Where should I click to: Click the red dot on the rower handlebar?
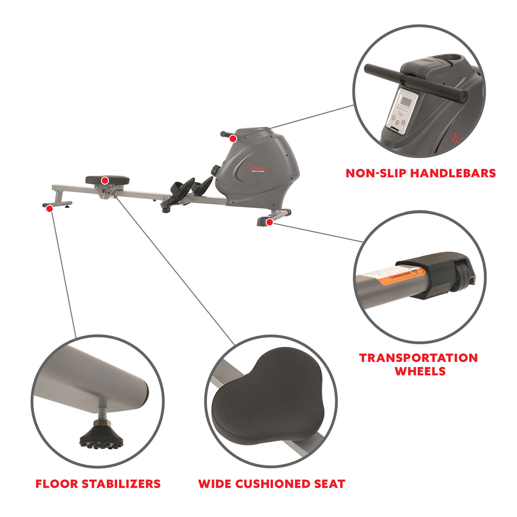point(233,138)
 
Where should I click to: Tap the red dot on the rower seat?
point(105,180)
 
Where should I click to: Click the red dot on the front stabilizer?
point(268,221)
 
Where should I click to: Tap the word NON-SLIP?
point(376,173)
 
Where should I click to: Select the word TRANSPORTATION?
point(418,358)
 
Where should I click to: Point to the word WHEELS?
point(420,371)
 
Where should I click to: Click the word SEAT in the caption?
point(328,484)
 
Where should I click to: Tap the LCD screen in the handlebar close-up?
point(406,100)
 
